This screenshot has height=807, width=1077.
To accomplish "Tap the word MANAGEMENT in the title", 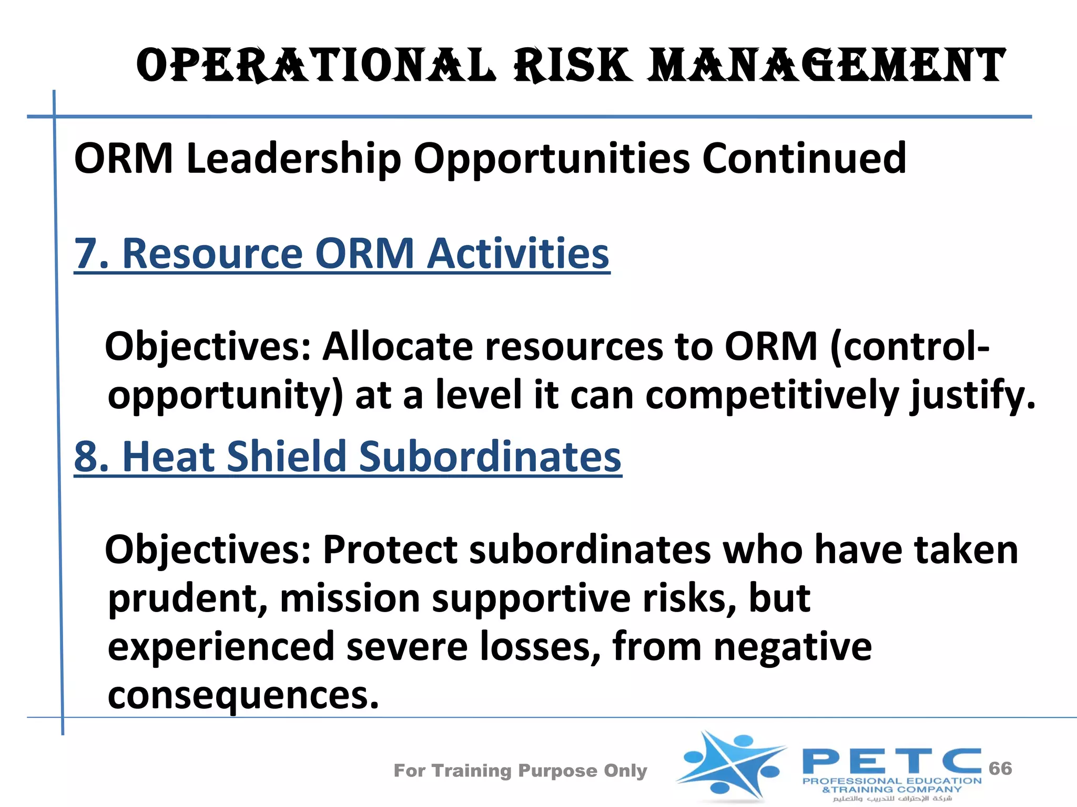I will [x=826, y=65].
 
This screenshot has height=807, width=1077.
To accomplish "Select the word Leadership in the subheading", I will [x=293, y=158].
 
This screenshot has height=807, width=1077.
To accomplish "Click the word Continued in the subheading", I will [x=804, y=158].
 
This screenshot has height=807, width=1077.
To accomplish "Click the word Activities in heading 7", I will [x=517, y=254].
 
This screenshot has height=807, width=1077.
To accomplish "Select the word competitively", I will [x=772, y=395].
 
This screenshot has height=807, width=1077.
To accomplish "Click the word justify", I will [x=973, y=395].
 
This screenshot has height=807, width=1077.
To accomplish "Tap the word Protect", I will [x=390, y=550].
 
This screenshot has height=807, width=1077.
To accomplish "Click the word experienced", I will [x=221, y=646].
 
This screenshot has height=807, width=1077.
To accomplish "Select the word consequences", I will [x=243, y=695].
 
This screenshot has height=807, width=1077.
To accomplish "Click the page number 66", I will [x=1000, y=768].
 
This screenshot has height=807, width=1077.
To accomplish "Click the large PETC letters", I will [x=892, y=761].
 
